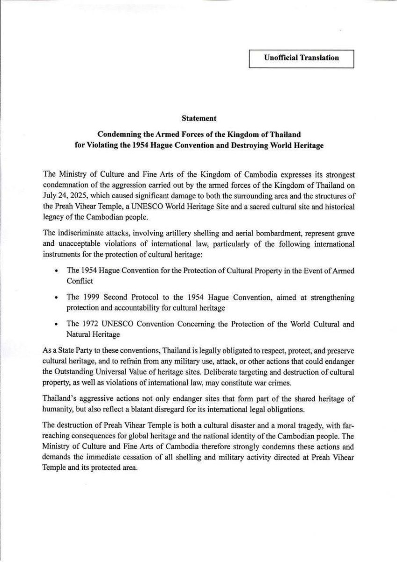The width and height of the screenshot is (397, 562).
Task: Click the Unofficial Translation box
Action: [301, 58]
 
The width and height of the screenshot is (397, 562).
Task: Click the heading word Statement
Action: [198, 120]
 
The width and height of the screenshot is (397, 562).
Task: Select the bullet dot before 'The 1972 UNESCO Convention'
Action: [56, 325]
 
